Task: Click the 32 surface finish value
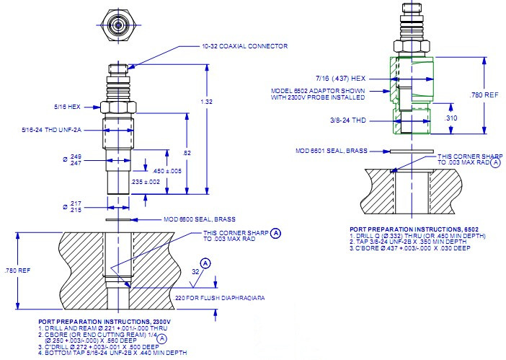pos(195,272)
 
